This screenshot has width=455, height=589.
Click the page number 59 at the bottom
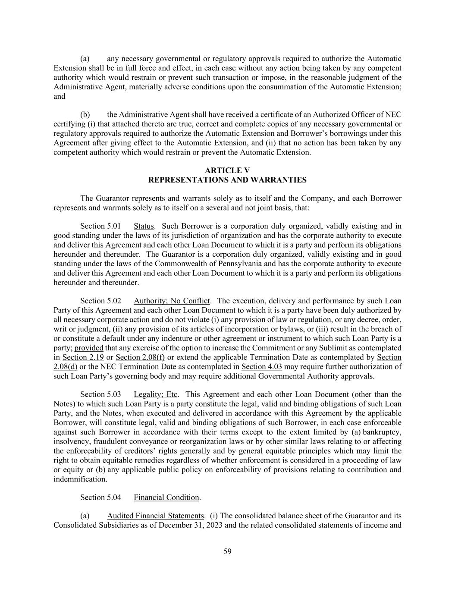coord(227,551)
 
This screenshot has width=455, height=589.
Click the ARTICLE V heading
coord(227,170)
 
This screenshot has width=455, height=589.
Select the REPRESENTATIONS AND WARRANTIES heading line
coord(227,180)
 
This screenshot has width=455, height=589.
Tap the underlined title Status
coord(144,226)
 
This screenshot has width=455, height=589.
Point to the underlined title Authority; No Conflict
coord(172,301)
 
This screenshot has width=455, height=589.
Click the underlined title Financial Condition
coord(166,498)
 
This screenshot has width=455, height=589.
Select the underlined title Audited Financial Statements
coord(155,516)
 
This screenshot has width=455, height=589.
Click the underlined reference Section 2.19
coord(83,357)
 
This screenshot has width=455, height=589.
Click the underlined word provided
coord(89,348)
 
